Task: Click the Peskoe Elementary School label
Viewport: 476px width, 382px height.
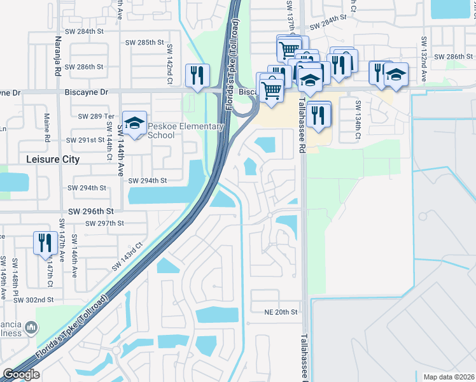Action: click(x=186, y=131)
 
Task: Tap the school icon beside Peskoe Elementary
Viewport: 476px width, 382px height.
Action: click(x=134, y=122)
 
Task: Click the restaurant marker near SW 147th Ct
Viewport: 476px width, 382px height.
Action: click(x=45, y=243)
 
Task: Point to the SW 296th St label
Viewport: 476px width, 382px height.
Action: click(x=90, y=211)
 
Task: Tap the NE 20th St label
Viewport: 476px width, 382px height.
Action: click(x=281, y=312)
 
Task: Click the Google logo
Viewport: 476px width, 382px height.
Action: click(x=21, y=374)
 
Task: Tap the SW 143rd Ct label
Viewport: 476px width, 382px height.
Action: click(x=127, y=256)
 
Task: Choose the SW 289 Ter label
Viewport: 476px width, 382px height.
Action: click(x=95, y=117)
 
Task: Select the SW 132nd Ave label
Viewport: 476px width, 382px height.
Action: click(x=423, y=58)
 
